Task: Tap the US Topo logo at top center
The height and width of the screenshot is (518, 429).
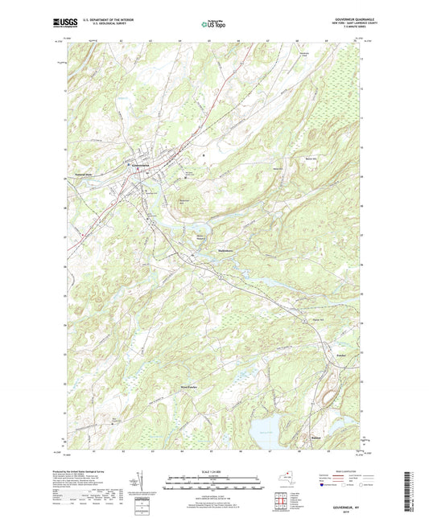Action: pos(214,24)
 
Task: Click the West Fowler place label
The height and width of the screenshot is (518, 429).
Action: pos(189,386)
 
